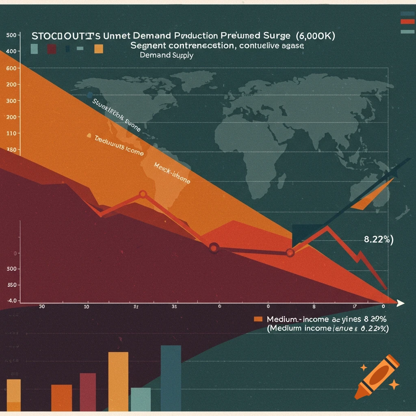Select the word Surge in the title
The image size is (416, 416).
(x=268, y=36)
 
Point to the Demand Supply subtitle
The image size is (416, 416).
(x=167, y=55)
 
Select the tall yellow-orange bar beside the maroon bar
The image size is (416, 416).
(x=118, y=382)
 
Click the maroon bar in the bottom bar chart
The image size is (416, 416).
(x=88, y=392)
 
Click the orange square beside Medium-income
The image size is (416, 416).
(x=258, y=319)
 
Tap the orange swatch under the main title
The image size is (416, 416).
(x=98, y=49)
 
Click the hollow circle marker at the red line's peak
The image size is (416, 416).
(x=143, y=194)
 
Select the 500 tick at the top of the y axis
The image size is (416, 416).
(x=11, y=35)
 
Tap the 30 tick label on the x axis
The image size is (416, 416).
(x=41, y=307)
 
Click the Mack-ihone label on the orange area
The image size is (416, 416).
(x=172, y=173)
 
